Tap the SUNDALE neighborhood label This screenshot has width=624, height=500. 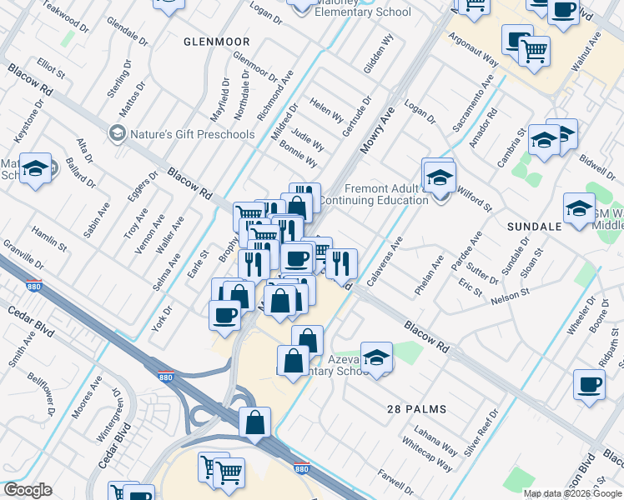(534, 226)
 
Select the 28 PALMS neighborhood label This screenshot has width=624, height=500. (416, 409)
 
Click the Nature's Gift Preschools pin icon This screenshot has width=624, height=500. (117, 133)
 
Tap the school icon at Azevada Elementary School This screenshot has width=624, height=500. (376, 357)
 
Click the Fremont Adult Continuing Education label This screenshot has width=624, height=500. (373, 195)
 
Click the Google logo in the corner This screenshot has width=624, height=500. (28, 490)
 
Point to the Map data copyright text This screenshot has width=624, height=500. (572, 493)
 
